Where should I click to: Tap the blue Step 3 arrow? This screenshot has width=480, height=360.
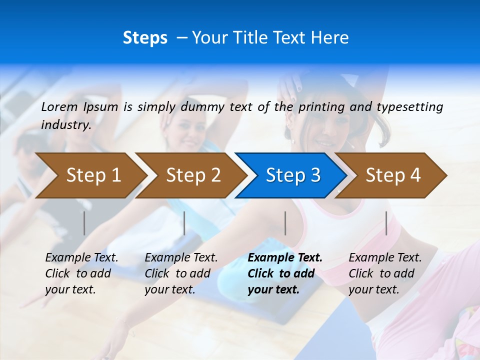coord(293,175)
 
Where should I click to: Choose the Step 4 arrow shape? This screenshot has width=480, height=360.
coord(393,175)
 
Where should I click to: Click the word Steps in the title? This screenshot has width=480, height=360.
coord(145,38)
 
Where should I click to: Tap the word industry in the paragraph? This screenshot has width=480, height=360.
coord(65,124)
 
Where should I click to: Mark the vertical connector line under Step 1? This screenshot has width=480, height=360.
coord(84,223)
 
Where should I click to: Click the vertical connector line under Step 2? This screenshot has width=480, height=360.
coord(184,223)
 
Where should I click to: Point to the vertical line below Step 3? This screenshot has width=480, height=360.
coord(285,223)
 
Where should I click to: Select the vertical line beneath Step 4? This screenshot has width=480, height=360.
coord(386,223)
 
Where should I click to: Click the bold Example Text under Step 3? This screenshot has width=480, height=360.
coord(285,258)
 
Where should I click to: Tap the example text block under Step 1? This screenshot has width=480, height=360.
coord(81,273)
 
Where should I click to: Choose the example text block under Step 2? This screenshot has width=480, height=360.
coord(181,273)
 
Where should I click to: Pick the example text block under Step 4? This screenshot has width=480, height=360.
coord(385,273)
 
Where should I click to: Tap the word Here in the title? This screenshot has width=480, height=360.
coord(330,38)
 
